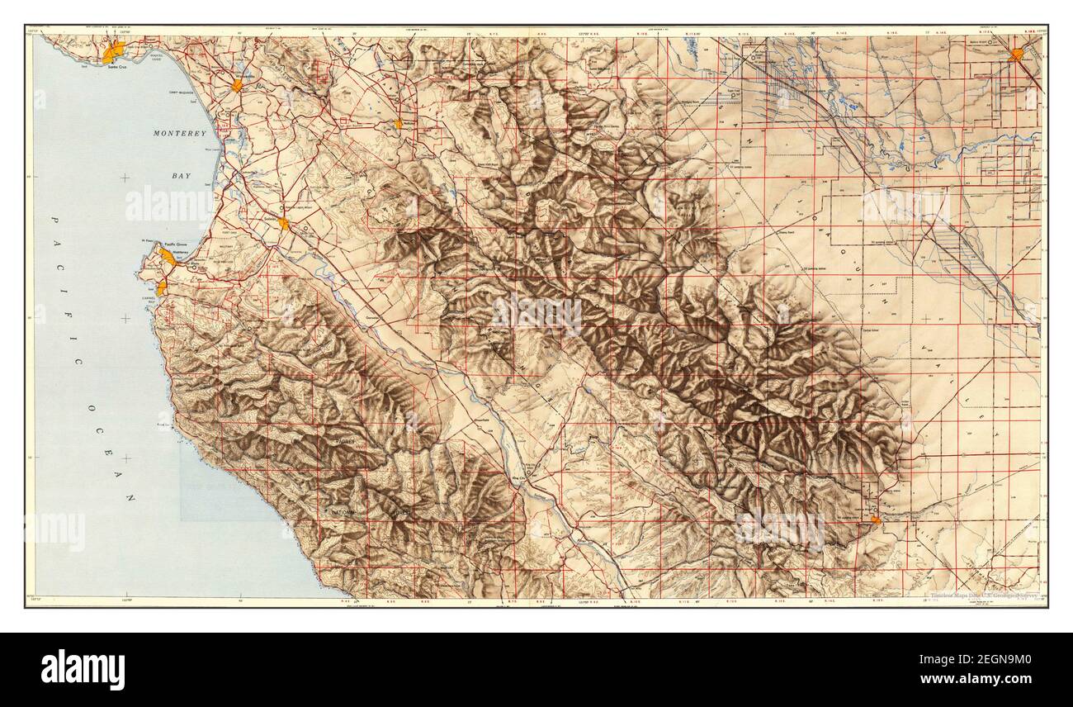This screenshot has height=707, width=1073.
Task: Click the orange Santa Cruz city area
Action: [x=113, y=51]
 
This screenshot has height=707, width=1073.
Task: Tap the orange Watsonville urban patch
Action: [x=237, y=85]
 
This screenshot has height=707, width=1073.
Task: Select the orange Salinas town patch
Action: [x=283, y=223]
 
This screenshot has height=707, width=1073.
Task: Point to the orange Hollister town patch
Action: [x=398, y=124]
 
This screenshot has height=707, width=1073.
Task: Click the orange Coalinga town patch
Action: [x=875, y=520]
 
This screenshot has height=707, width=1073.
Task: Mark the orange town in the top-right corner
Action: [x=1016, y=55]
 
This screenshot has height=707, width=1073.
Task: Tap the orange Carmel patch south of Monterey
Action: [x=162, y=287]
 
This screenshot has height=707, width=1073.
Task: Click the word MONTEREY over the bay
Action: [x=179, y=133]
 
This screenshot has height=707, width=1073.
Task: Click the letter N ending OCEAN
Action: [x=130, y=498]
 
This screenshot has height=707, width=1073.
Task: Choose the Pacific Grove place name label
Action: [x=176, y=245]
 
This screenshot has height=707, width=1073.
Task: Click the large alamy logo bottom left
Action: [x=83, y=669]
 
